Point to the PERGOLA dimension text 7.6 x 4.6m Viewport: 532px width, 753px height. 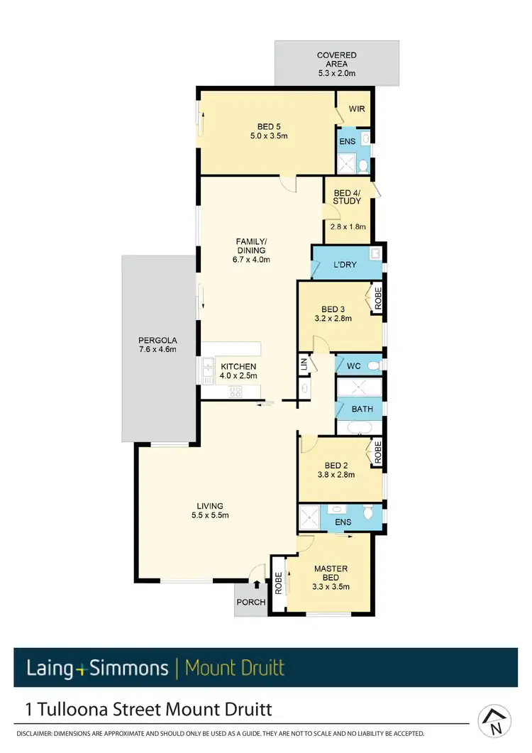point(157,348)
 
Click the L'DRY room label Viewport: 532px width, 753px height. point(345,265)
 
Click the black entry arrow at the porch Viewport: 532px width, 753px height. point(257,584)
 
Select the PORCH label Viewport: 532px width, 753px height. point(252,603)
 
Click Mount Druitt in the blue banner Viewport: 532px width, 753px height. point(234,667)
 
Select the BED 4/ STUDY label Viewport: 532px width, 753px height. point(347,197)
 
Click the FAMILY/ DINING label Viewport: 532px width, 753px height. point(251,246)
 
